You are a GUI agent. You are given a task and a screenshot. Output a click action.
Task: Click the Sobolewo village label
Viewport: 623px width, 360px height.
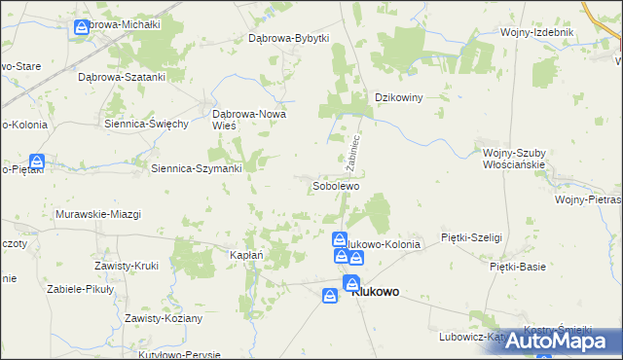tap(337, 185)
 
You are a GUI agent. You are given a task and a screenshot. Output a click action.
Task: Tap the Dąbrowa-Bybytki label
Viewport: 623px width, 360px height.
tap(289, 38)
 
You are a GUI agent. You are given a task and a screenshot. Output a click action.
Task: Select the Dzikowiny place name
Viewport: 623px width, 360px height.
tap(399, 97)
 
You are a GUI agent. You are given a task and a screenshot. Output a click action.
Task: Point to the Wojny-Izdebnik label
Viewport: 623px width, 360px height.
tap(537, 32)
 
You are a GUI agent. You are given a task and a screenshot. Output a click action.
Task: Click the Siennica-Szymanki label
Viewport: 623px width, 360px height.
tap(197, 167)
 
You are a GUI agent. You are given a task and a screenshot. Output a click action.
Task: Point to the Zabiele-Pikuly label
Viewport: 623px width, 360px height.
tap(82, 291)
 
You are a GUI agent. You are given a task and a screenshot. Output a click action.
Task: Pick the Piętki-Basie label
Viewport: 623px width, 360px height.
tap(518, 266)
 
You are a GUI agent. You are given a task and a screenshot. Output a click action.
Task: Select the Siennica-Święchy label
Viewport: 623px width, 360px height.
tap(146, 124)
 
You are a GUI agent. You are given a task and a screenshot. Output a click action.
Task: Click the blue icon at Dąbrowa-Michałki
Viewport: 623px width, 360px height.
tap(82, 28)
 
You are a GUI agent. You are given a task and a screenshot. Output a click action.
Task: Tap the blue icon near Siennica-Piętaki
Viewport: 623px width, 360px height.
tap(36, 162)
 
